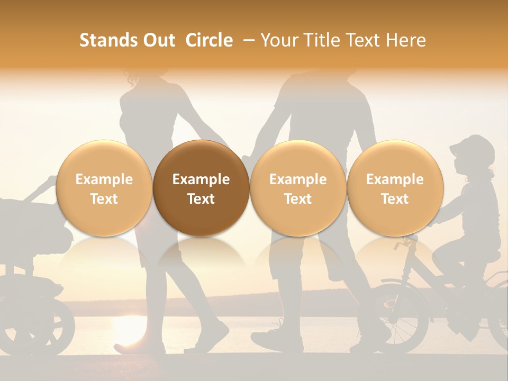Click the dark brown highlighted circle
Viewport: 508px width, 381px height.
click(x=201, y=188)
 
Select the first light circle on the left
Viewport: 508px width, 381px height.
click(x=104, y=188)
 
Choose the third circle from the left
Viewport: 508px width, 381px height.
click(x=298, y=188)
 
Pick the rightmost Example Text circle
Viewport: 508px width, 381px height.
click(x=395, y=188)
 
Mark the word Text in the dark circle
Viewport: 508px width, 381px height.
click(x=201, y=199)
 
